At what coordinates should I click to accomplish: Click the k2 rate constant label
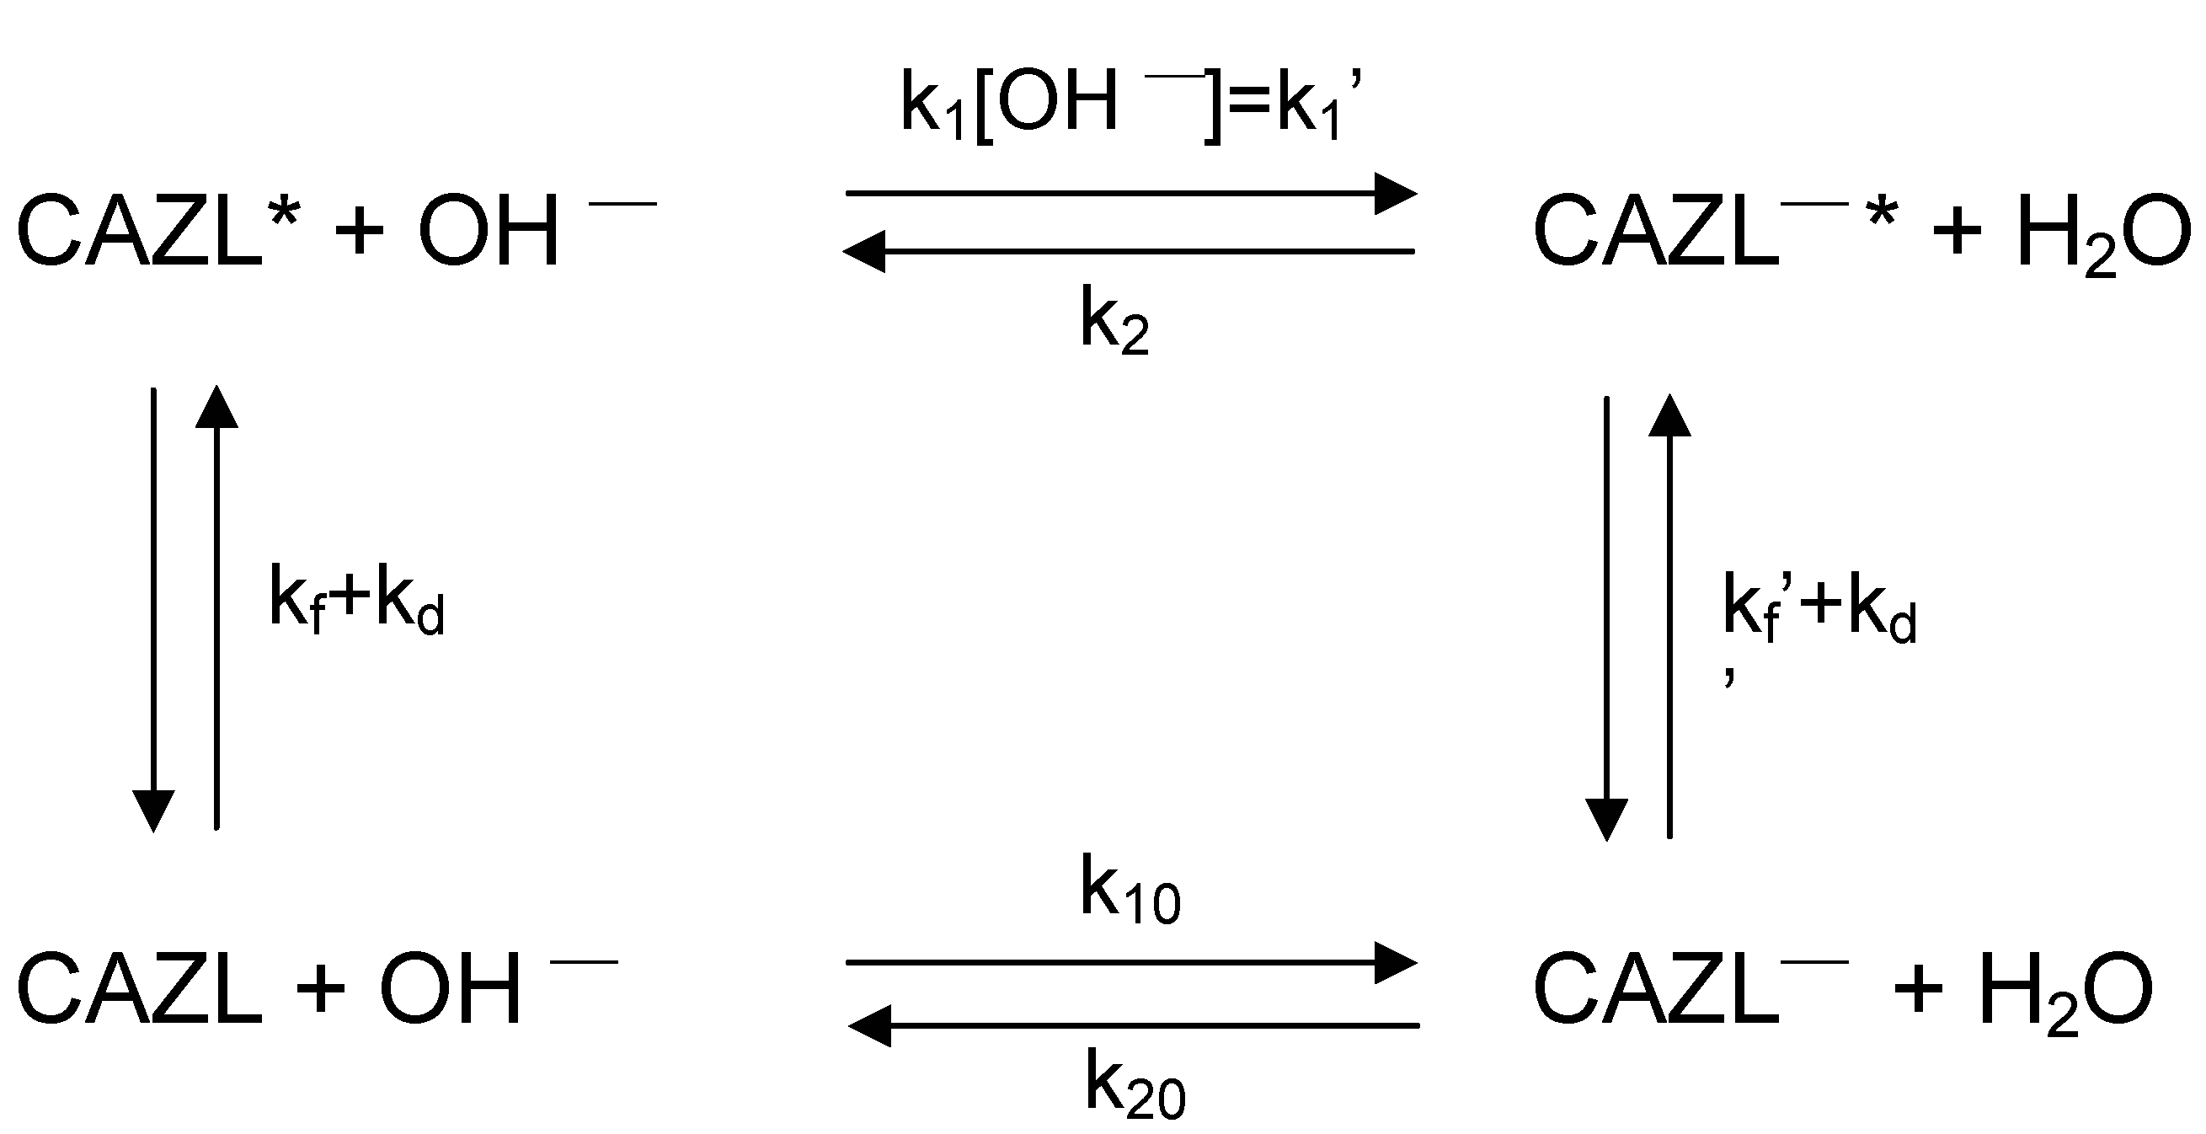(1114, 324)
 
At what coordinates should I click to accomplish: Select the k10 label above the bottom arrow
(1130, 891)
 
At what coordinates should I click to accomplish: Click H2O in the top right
(2103, 233)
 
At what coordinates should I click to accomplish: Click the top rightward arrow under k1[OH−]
(1130, 194)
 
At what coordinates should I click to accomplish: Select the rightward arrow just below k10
(1130, 963)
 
